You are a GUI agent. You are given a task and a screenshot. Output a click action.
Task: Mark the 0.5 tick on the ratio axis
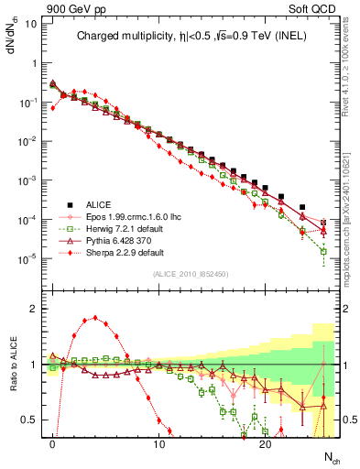29,420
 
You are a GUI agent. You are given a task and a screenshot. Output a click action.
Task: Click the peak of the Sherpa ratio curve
95,319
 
